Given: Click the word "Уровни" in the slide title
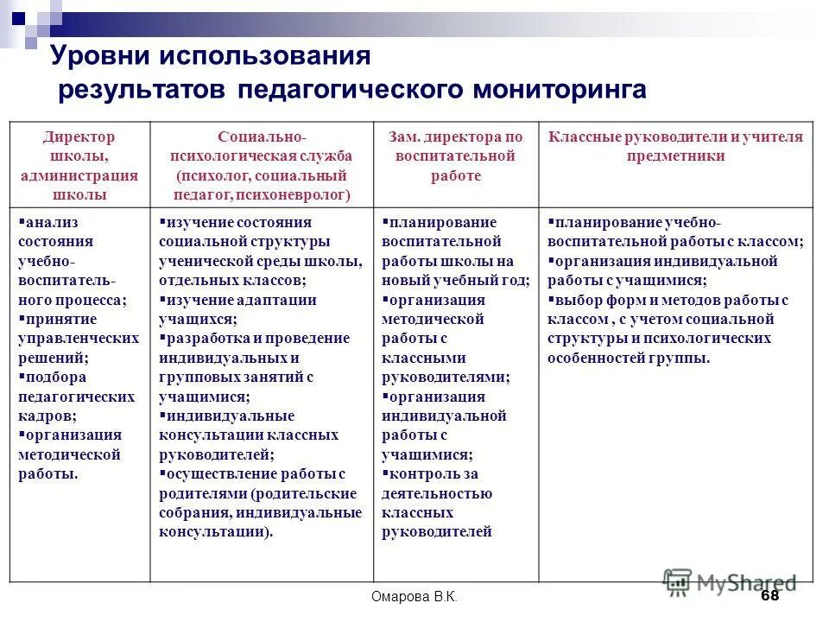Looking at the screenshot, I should (x=98, y=58).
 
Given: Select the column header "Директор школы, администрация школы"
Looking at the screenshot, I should (x=79, y=165).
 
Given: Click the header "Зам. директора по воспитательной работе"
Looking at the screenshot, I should (x=455, y=156).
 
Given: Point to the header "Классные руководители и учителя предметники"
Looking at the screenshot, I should (x=675, y=146).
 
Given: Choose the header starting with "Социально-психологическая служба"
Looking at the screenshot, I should (x=262, y=165).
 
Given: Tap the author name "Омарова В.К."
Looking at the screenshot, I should (x=414, y=597).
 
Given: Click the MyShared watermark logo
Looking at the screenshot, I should (x=730, y=582).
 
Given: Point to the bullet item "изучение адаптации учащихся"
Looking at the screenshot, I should (x=238, y=309).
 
